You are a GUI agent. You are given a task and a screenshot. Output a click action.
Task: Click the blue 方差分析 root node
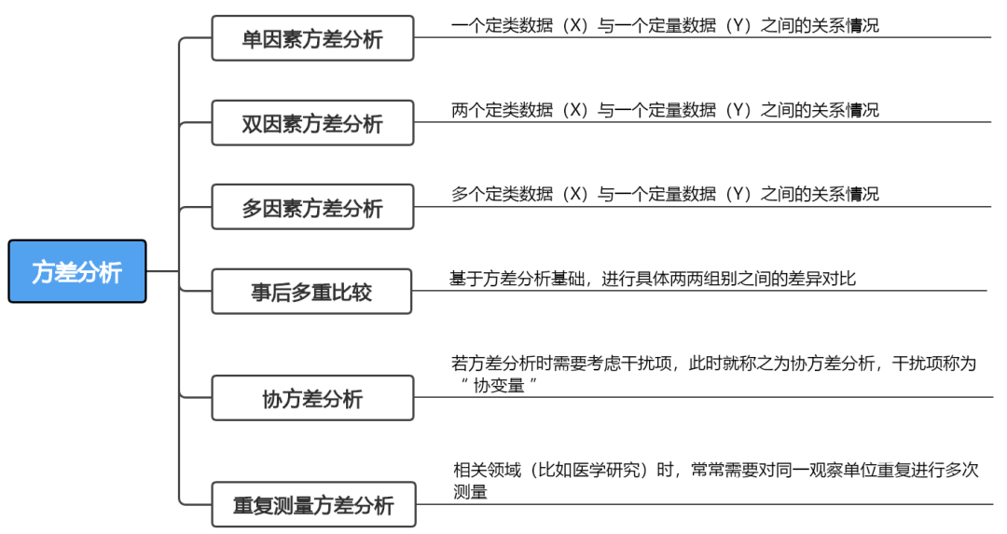77,271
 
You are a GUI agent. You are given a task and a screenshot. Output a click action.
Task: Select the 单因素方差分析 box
312,38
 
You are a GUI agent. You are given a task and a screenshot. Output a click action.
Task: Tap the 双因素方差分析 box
312,123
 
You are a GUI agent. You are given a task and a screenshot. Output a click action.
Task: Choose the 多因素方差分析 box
312,207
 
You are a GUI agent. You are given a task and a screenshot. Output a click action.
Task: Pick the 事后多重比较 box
311,292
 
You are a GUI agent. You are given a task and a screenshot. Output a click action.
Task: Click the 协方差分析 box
312,398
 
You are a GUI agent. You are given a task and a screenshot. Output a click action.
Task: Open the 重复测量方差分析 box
313,505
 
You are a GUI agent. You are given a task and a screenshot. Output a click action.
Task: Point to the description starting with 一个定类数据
665,26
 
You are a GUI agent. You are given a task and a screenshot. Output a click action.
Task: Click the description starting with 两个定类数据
665,110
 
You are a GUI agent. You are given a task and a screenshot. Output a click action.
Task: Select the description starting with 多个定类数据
665,194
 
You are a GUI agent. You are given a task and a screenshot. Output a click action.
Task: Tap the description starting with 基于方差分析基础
653,278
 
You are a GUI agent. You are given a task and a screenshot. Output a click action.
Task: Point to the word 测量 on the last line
470,491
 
